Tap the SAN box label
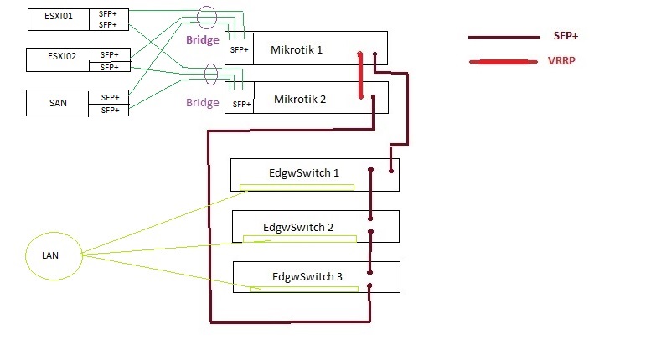pyautogui.click(x=58, y=103)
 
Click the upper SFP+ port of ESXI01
pyautogui.click(x=109, y=13)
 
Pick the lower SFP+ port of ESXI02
pyautogui.click(x=109, y=66)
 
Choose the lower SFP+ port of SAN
pyautogui.click(x=109, y=110)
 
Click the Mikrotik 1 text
pyautogui.click(x=297, y=49)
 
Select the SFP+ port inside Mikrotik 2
pyautogui.click(x=241, y=104)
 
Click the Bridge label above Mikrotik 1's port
pyautogui.click(x=202, y=40)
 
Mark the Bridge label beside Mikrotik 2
pyautogui.click(x=202, y=102)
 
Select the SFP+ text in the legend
pyautogui.click(x=566, y=36)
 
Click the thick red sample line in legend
pyautogui.click(x=502, y=63)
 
